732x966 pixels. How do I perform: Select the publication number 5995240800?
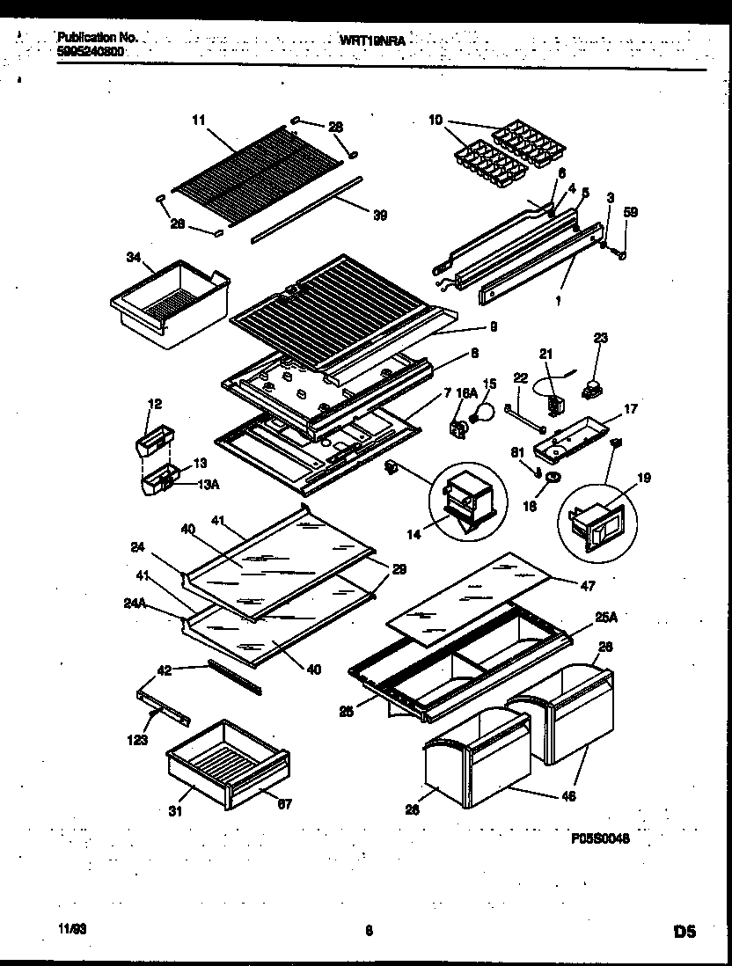90,52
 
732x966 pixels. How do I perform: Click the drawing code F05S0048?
601,838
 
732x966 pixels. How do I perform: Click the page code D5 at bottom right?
685,931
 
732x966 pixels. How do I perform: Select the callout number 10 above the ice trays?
435,119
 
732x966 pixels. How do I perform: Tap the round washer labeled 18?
554,477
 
